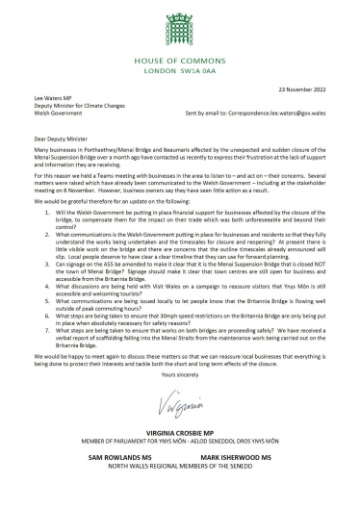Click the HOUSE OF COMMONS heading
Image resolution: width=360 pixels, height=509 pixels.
pyautogui.click(x=180, y=48)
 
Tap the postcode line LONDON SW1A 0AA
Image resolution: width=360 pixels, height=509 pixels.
pyautogui.click(x=180, y=59)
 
